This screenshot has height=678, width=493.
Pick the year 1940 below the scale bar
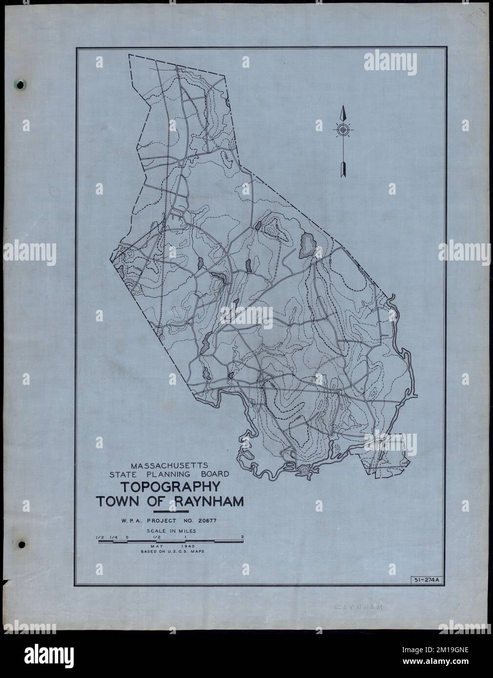coord(188,546)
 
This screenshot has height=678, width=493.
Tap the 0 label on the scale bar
coord(127,537)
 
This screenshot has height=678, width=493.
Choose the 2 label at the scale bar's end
coord(242,537)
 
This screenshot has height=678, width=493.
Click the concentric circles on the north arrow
coord(343,130)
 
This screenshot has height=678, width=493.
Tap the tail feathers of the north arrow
coord(343,168)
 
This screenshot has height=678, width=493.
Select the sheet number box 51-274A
coord(426,579)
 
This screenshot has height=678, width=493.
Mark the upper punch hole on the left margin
coord(21,85)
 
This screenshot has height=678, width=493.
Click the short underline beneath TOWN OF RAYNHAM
coord(170,511)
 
